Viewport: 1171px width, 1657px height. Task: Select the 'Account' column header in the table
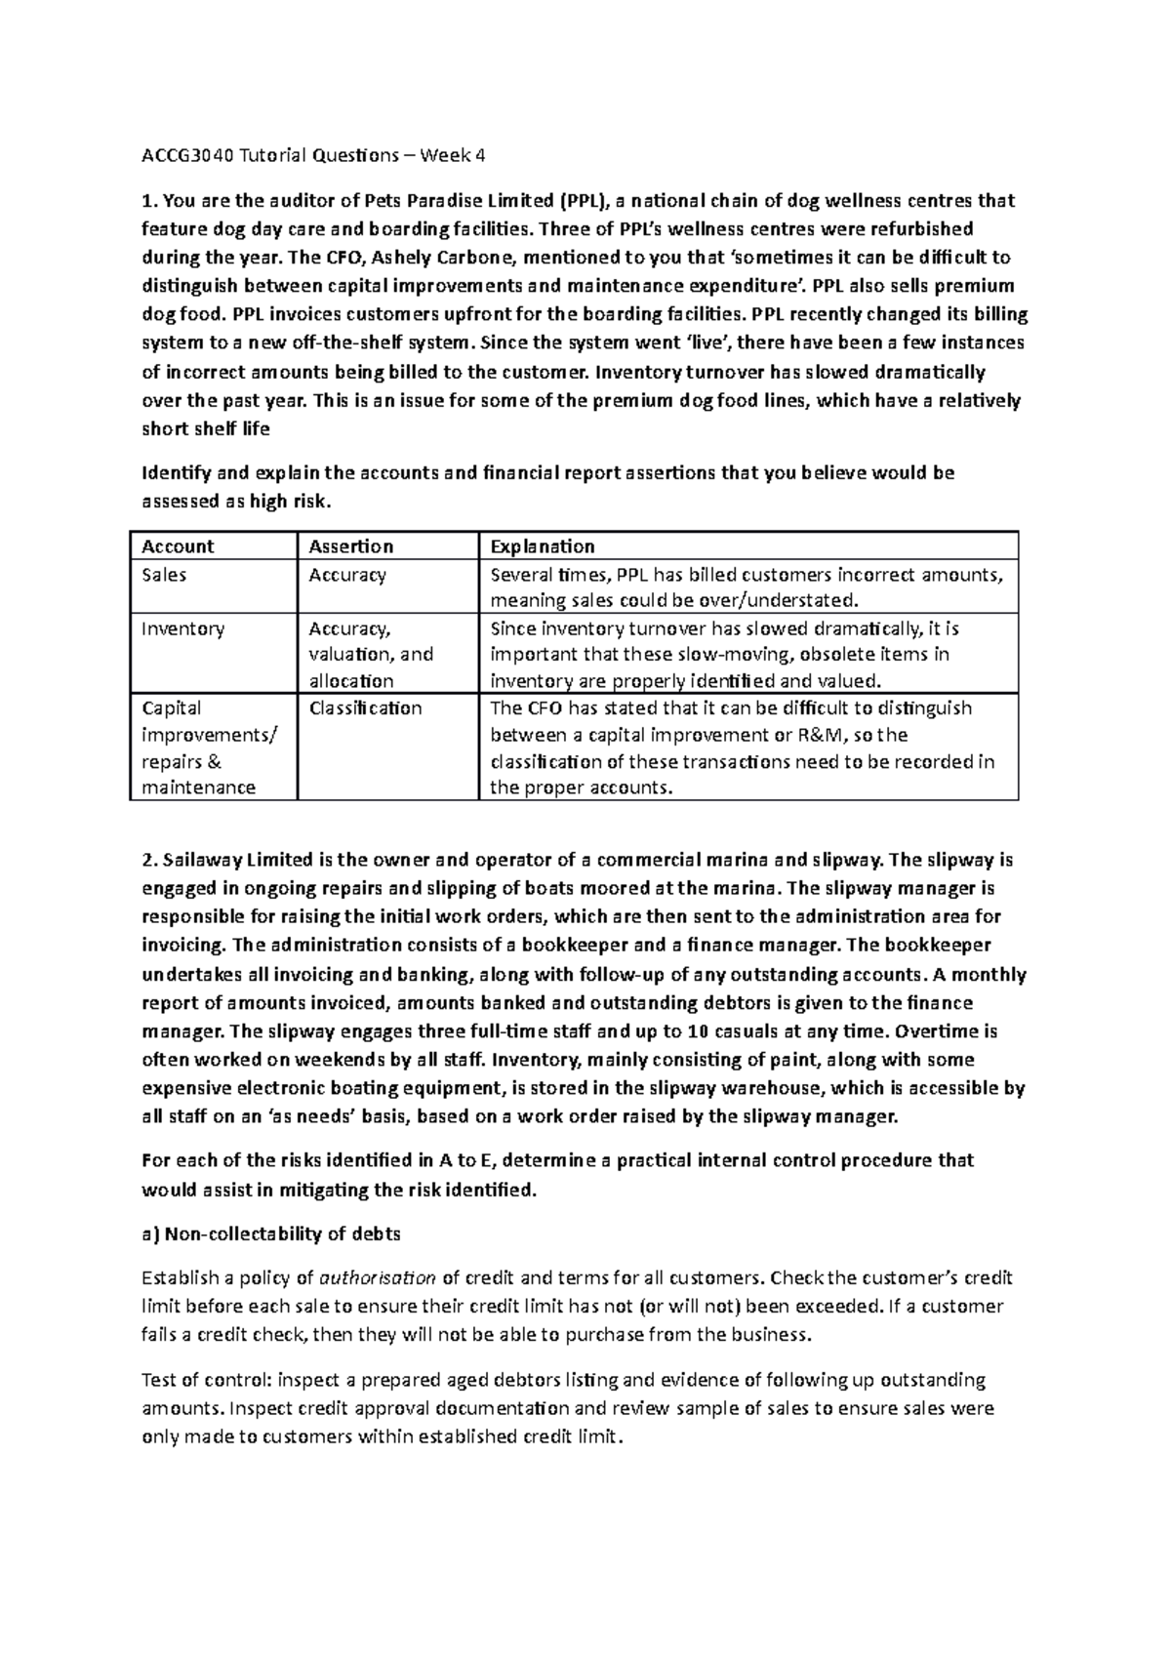tap(178, 546)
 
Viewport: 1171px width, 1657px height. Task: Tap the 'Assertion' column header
tap(350, 546)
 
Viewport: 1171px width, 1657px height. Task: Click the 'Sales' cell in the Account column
tap(164, 575)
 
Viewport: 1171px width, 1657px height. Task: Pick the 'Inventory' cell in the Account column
tap(182, 628)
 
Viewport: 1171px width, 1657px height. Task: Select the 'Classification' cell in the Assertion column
tap(365, 708)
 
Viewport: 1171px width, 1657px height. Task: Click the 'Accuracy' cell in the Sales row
tap(347, 575)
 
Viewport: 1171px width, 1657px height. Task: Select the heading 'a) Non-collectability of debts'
tap(271, 1233)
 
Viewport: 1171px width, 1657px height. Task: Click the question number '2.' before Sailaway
tap(149, 861)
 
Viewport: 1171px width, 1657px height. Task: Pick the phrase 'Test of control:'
tap(208, 1380)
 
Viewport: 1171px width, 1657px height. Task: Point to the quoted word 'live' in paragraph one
tap(702, 343)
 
